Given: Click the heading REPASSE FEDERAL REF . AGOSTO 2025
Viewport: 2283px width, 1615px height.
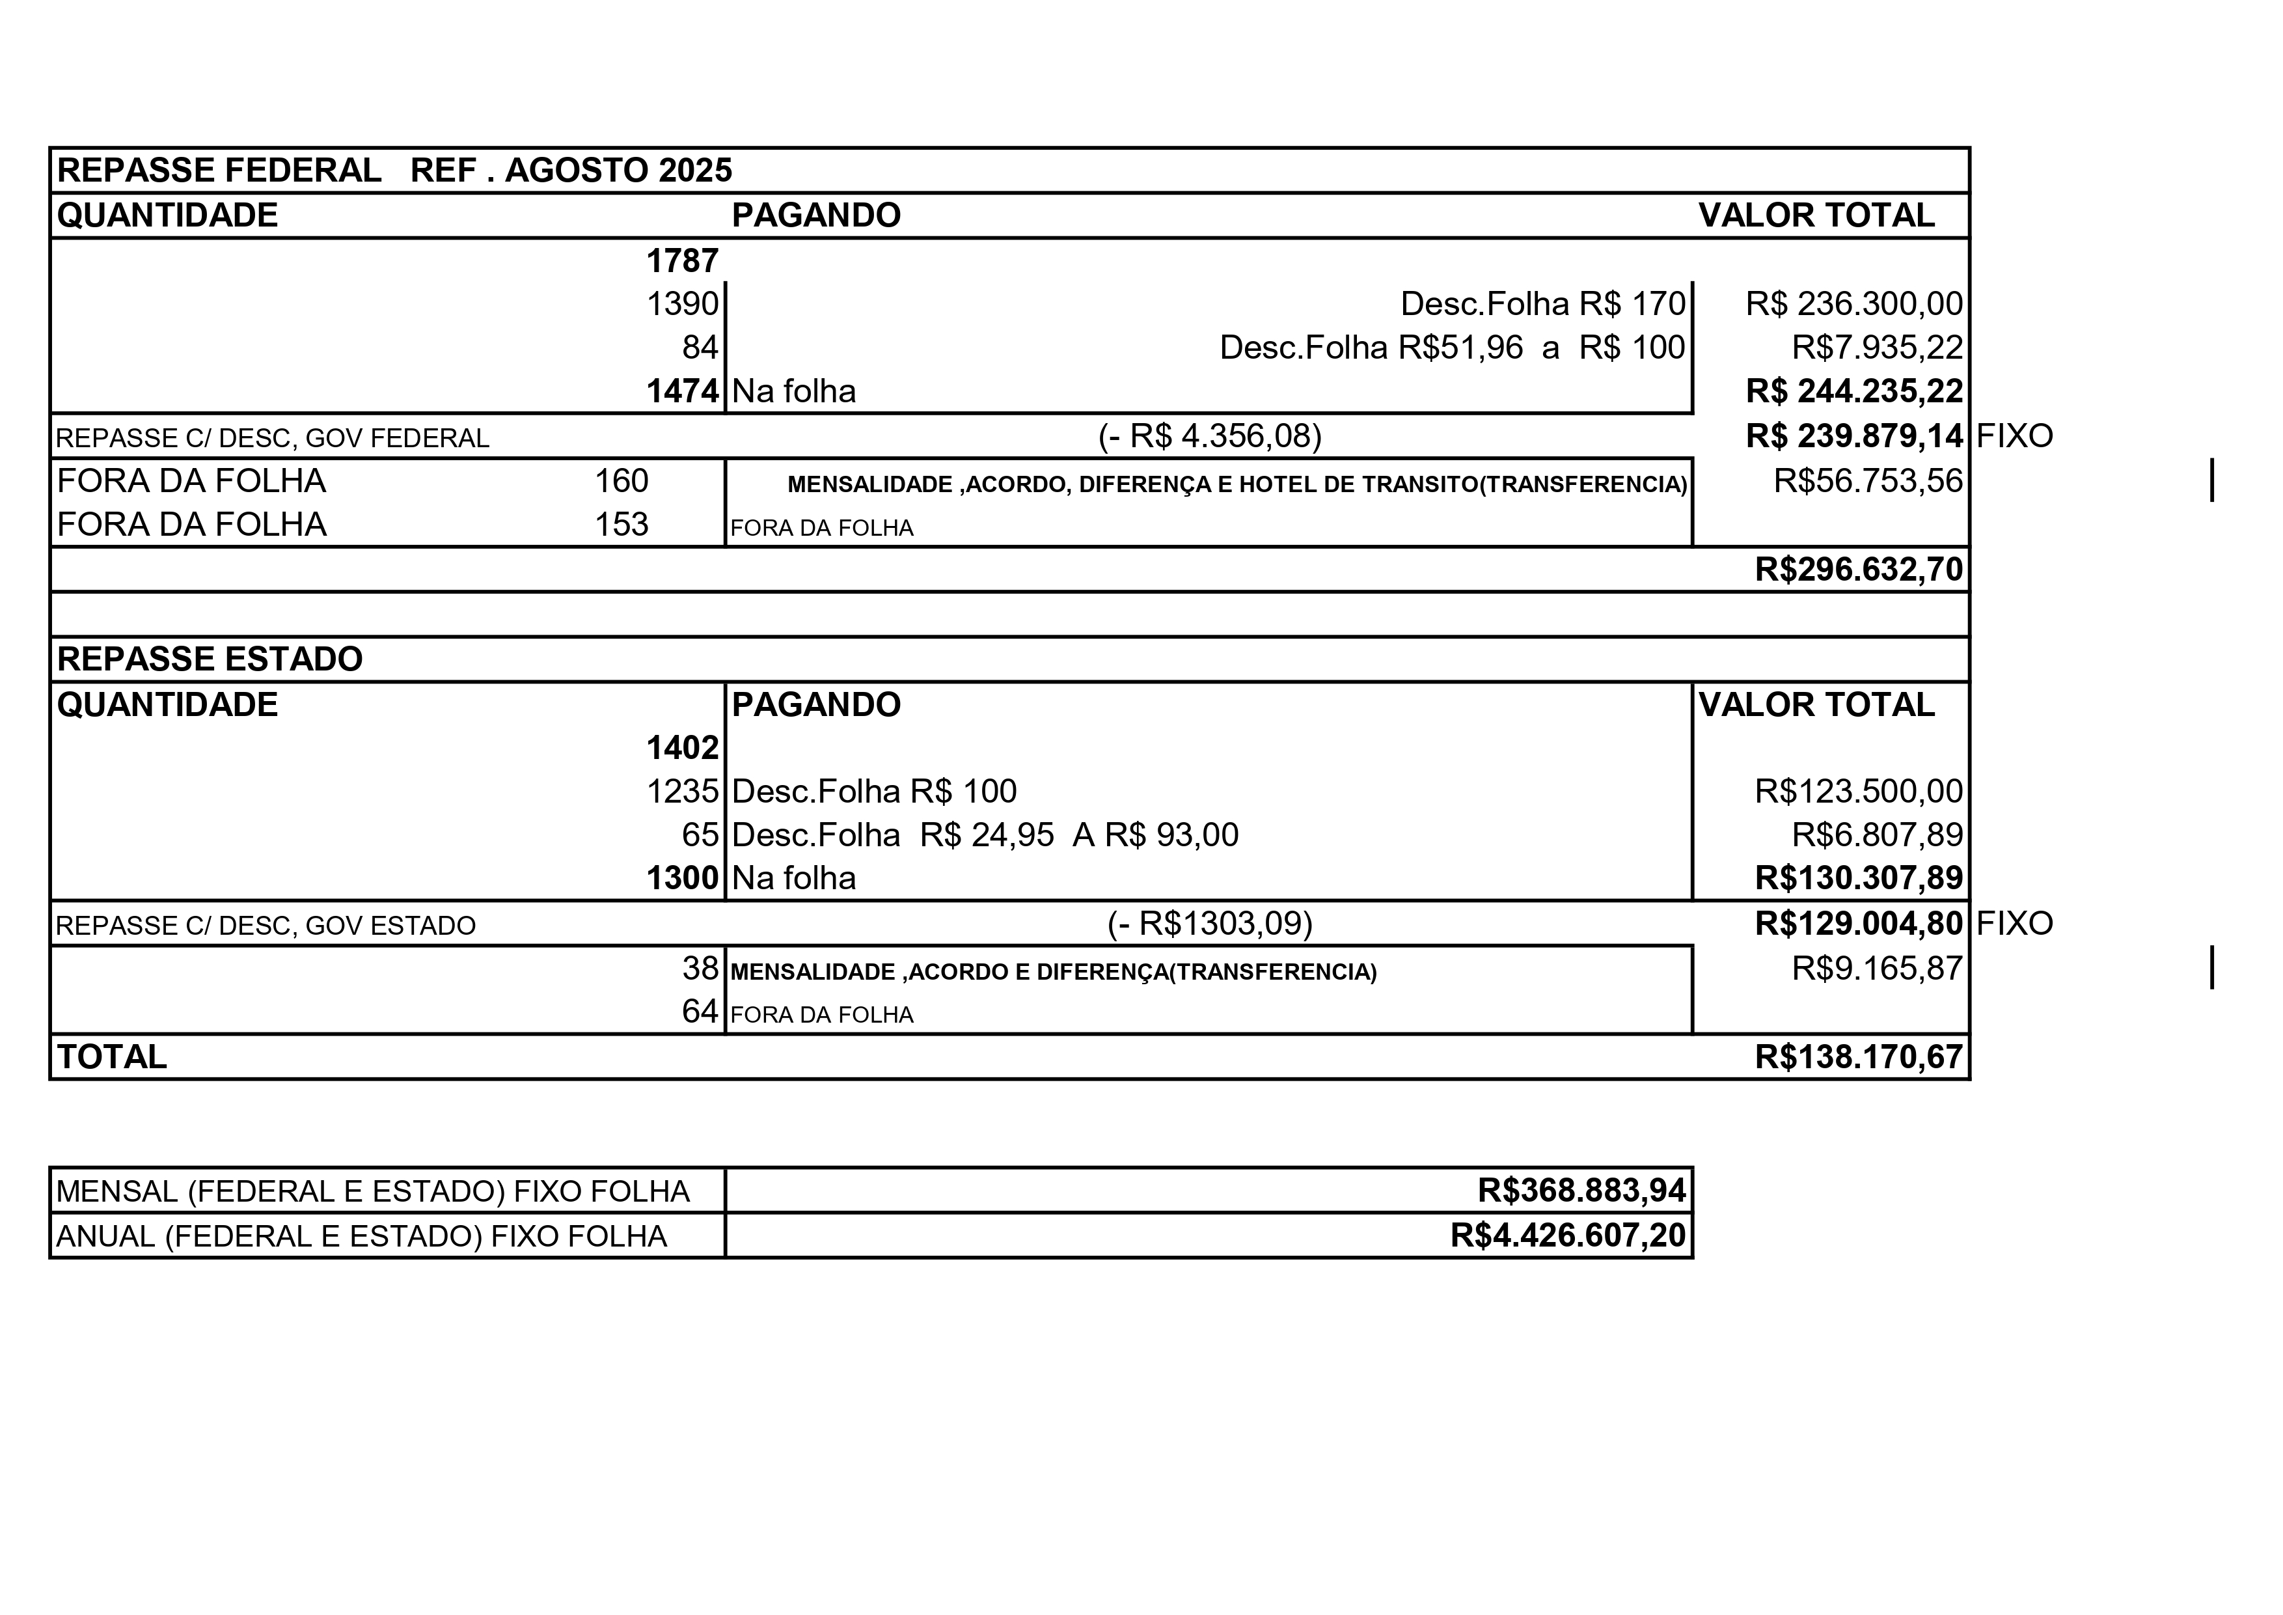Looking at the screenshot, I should tap(394, 170).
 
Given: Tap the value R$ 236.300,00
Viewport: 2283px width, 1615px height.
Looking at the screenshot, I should tap(1853, 303).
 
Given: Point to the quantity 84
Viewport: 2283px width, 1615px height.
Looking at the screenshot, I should tap(700, 347).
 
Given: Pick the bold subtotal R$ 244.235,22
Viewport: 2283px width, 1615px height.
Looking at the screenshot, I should tap(1853, 391).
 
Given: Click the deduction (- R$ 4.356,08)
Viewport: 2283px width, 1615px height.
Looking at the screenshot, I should tap(1209, 435).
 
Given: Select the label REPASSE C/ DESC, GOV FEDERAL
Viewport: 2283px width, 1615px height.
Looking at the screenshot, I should tap(273, 439).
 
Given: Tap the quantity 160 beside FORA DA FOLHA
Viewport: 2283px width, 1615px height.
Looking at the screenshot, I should tap(622, 481).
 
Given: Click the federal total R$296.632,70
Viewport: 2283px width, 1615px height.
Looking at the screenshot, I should tap(1859, 569).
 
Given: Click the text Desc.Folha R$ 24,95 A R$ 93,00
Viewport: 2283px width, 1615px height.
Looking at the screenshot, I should tap(985, 835).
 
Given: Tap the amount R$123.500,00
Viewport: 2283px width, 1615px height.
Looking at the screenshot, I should tap(1859, 791).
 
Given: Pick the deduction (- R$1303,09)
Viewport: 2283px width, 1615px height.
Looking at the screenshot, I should tap(1209, 924).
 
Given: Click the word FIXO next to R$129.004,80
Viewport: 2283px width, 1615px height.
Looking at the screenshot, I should tap(2014, 924).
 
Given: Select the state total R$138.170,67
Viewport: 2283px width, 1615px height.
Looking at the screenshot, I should tap(1859, 1056).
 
